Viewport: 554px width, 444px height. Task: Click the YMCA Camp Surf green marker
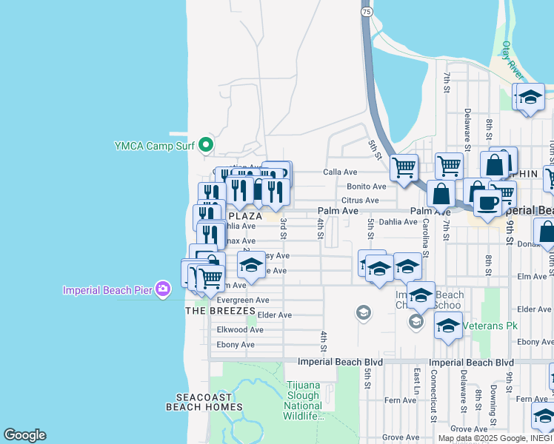coord(207,145)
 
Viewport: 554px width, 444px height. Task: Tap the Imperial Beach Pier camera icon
coord(165,289)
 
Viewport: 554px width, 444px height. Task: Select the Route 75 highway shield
coord(367,11)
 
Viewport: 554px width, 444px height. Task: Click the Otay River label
coord(512,61)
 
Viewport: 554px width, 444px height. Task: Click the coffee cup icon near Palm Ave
coord(487,201)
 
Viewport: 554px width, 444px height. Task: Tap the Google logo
coord(24,435)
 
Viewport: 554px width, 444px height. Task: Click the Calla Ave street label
coord(340,172)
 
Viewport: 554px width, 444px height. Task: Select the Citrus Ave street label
coord(360,201)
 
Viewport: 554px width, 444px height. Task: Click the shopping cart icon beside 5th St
coord(404,168)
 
